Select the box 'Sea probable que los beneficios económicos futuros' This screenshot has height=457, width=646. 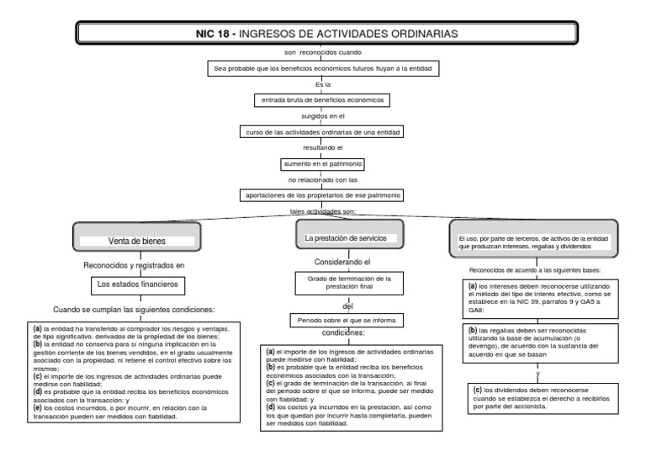tap(323, 68)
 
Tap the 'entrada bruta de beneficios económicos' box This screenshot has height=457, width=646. tap(323, 100)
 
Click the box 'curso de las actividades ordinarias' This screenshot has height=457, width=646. tap(323, 132)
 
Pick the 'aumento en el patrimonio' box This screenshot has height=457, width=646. tap(323, 163)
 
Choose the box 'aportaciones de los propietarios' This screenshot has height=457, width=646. tap(323, 194)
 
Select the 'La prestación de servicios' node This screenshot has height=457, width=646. tap(346, 239)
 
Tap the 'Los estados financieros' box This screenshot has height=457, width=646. tap(137, 284)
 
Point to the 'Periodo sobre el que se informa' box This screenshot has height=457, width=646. tap(347, 320)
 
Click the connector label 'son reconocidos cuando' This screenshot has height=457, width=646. tap(323, 52)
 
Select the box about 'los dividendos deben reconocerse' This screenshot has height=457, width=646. tap(532, 397)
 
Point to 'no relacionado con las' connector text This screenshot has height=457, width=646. tap(323, 179)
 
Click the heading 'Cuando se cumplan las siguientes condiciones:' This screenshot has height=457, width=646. tap(134, 309)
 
